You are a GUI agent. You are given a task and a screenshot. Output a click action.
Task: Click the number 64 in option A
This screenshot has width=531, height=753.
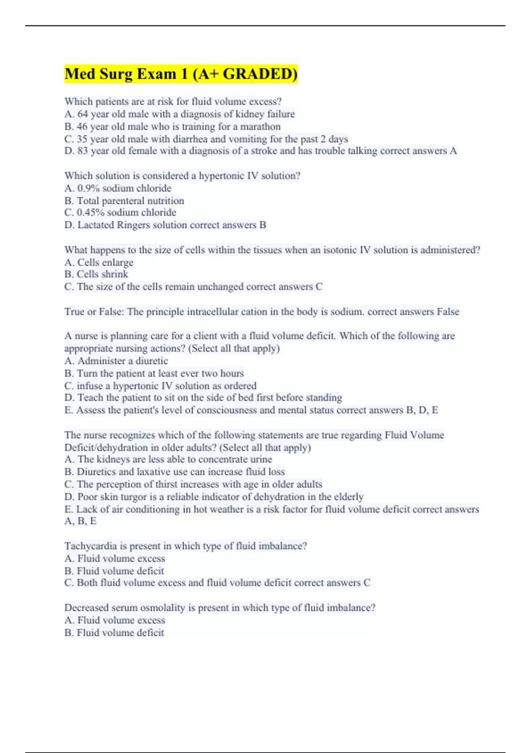(x=83, y=114)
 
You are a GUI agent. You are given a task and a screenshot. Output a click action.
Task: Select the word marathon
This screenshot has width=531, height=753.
(x=260, y=127)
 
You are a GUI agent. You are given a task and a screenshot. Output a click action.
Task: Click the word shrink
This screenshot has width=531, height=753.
(x=114, y=274)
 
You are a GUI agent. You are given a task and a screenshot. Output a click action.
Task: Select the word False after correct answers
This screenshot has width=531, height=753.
(x=447, y=312)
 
